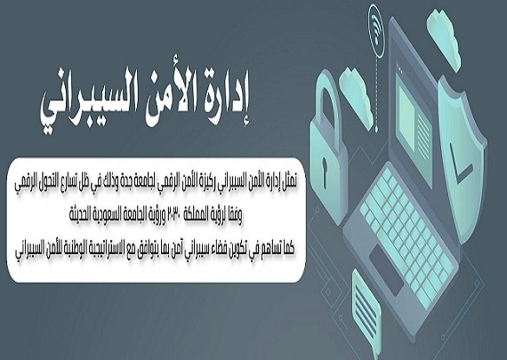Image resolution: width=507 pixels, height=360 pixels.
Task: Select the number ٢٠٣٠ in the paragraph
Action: tap(175, 215)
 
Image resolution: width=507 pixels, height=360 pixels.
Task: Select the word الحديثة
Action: tap(82, 215)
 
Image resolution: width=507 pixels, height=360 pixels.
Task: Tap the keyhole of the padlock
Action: tap(325, 168)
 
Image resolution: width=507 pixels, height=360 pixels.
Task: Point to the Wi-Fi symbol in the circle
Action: tap(375, 30)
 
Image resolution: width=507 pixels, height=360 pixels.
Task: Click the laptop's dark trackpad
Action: tap(386, 268)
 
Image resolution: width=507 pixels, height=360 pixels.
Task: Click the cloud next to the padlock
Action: tap(357, 97)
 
